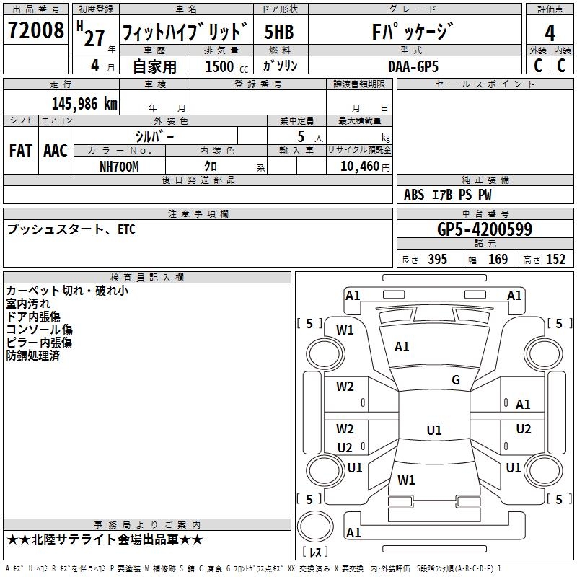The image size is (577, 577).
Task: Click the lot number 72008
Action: pos(35,30)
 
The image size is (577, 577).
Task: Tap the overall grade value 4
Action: pos(550,33)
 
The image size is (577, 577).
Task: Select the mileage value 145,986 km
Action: pos(84,104)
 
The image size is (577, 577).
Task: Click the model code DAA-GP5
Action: pos(413,66)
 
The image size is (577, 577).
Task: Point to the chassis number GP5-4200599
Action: pos(485,229)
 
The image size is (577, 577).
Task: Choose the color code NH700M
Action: pos(119,167)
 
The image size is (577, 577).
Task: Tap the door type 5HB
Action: pos(279,32)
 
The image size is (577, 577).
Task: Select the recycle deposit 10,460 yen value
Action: pos(365,167)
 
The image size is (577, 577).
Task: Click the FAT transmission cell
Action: pos(21,151)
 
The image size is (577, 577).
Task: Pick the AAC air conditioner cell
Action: pos(56,151)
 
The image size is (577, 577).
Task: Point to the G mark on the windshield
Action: pos(456,379)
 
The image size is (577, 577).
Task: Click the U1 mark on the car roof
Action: pos(434,430)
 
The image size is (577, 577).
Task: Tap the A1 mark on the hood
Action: pos(402,346)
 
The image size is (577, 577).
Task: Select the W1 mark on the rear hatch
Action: pos(406,480)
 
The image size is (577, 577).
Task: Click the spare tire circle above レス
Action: pos(315,527)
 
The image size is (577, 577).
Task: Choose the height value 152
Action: pos(555,260)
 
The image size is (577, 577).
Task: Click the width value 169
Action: pos(498,260)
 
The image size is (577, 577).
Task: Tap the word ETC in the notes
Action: pos(127,229)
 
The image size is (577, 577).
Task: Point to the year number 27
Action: pos(94,38)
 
